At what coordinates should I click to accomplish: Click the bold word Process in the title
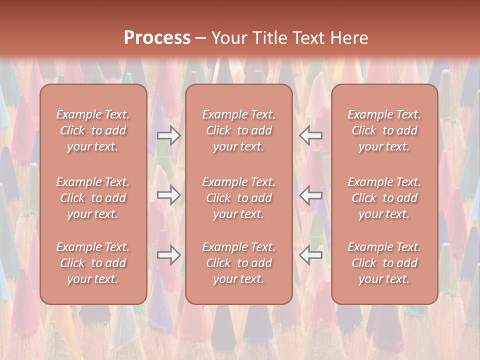(x=157, y=38)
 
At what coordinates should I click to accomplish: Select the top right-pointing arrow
(x=168, y=135)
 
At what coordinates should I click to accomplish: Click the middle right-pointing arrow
(x=168, y=195)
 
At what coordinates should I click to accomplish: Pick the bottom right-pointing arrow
(x=168, y=255)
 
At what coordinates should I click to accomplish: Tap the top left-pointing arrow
(x=311, y=135)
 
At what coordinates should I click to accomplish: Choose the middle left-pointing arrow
(x=311, y=195)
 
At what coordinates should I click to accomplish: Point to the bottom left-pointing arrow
(x=311, y=255)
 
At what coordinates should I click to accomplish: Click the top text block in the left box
(x=93, y=130)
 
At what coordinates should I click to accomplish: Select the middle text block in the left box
(x=93, y=198)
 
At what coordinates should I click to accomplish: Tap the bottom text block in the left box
(x=93, y=263)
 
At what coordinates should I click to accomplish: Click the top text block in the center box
(x=239, y=130)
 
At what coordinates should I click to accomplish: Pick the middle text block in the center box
(x=239, y=198)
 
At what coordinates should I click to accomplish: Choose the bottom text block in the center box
(x=239, y=263)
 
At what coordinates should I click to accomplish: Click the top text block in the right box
(x=384, y=130)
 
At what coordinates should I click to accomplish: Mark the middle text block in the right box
(x=384, y=198)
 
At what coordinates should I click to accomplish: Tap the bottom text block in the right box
(x=384, y=263)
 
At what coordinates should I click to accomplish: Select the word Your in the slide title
(x=227, y=38)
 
